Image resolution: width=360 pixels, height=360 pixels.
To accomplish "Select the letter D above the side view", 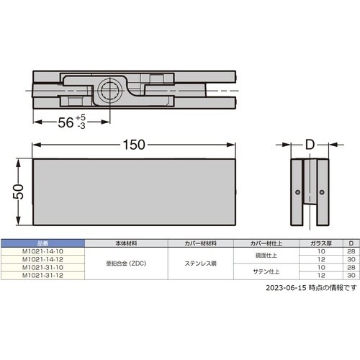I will pos(310,145).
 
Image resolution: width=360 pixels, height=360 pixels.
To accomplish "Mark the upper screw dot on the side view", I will pos(299,192).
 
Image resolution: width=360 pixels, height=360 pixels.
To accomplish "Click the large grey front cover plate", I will pos(135,191).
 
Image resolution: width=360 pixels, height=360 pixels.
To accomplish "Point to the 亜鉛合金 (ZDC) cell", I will pos(127,264).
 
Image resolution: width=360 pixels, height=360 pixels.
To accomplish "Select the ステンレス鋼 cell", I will pos(200,264).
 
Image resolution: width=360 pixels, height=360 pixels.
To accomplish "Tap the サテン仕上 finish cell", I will pos(267,271).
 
